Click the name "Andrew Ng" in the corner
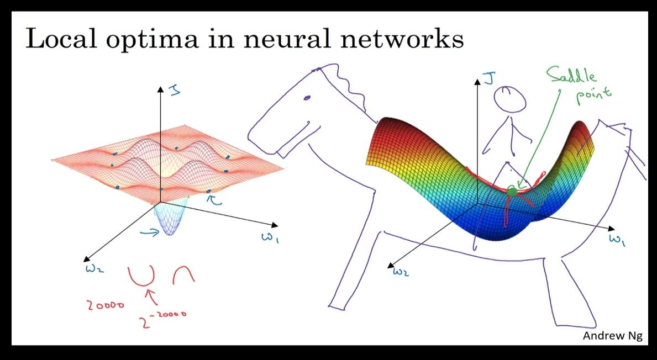[x=613, y=336]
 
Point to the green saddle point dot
[x=512, y=191]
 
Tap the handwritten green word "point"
[x=593, y=94]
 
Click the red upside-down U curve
[x=183, y=274]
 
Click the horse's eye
[x=307, y=98]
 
